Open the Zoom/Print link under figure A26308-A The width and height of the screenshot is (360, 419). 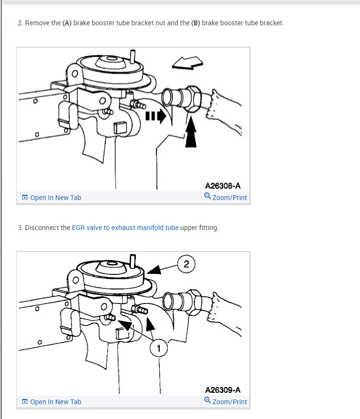(x=226, y=197)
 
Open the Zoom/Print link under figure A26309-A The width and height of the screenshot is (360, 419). (x=226, y=401)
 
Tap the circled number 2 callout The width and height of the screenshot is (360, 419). (x=186, y=264)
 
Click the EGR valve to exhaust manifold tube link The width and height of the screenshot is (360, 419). (x=125, y=228)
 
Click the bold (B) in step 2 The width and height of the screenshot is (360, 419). (x=195, y=23)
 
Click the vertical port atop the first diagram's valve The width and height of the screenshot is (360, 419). (x=133, y=57)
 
